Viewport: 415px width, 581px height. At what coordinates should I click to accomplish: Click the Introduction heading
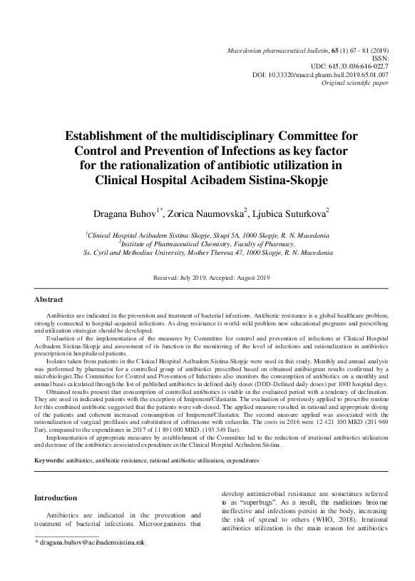(58, 497)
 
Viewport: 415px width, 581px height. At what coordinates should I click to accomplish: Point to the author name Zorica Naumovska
(207, 213)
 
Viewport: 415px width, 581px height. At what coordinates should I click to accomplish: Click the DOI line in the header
(320, 74)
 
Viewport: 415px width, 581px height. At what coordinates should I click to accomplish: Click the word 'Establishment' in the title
(111, 135)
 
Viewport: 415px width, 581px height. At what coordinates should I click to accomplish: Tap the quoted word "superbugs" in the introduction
(266, 503)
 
